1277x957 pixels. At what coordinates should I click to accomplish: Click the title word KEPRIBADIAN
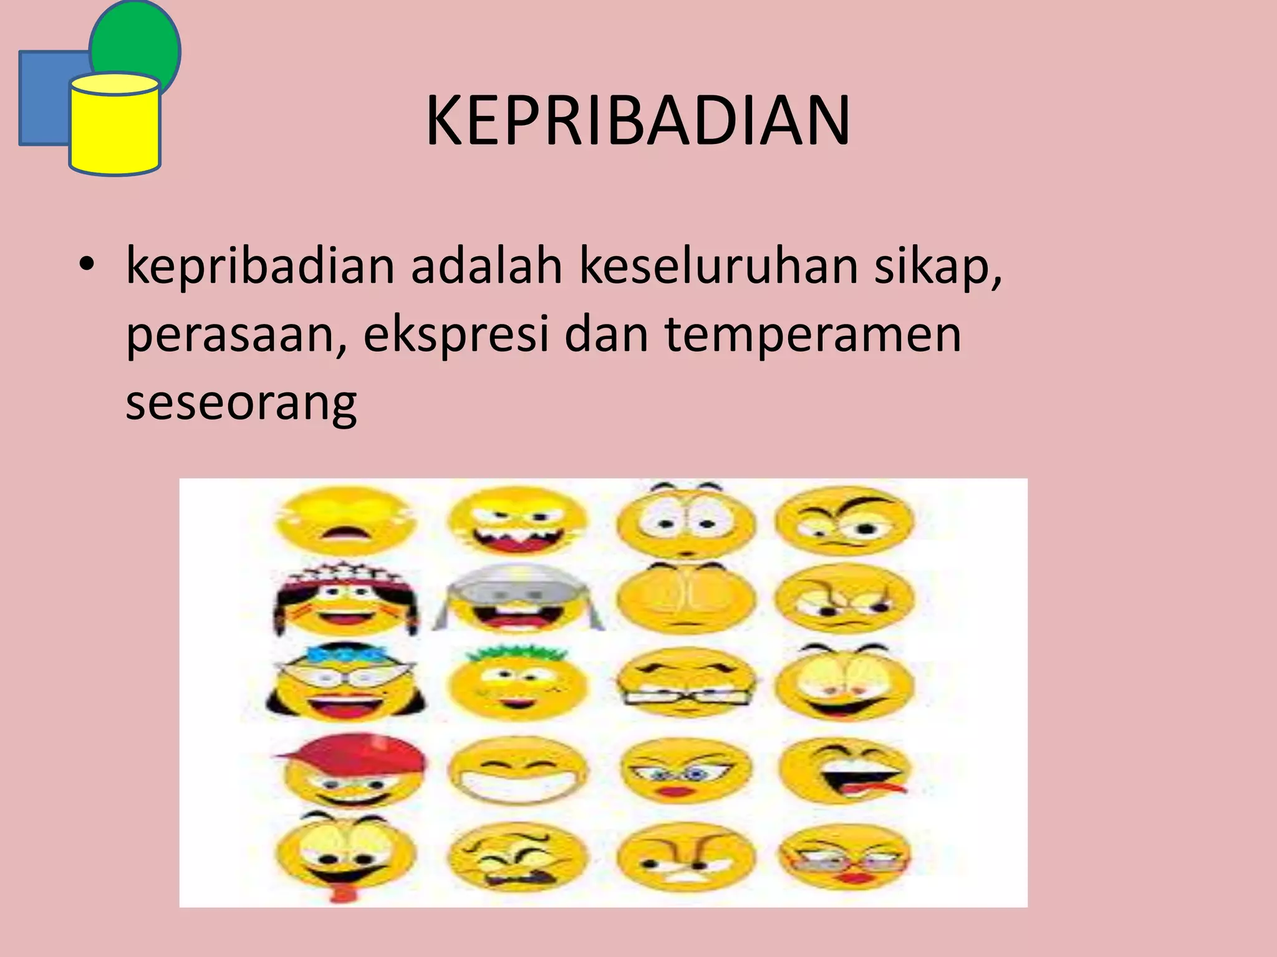click(637, 121)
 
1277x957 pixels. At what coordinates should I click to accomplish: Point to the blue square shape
click(44, 98)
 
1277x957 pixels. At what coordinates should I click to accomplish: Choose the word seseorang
click(241, 402)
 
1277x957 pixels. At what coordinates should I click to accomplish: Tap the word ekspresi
click(456, 335)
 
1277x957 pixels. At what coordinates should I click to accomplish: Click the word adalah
click(486, 267)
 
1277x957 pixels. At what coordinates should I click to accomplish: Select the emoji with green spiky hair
click(518, 682)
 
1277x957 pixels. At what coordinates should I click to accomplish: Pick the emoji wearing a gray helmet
click(518, 598)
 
